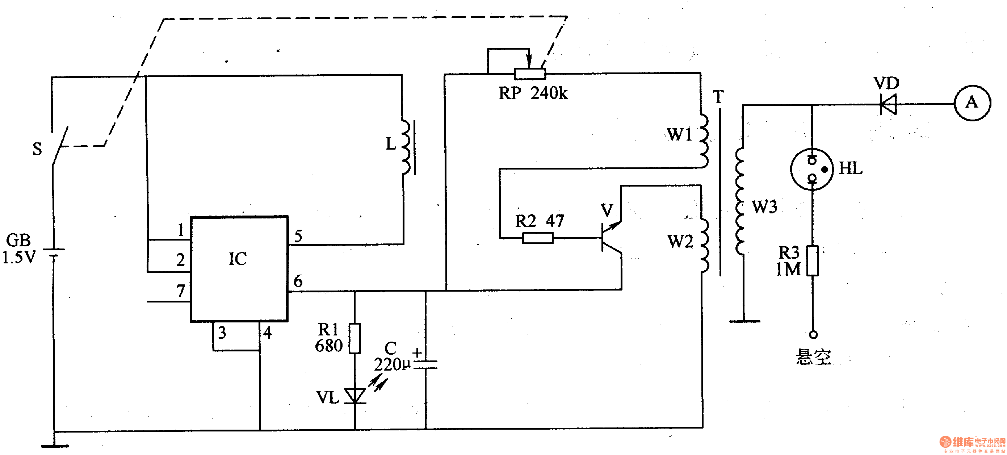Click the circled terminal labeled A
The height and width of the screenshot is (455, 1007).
(x=972, y=103)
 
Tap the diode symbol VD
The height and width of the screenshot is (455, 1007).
(x=888, y=104)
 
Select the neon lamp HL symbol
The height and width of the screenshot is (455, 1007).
(x=812, y=170)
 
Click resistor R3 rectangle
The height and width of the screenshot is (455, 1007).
(x=813, y=260)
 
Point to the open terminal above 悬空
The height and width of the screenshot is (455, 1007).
(x=813, y=334)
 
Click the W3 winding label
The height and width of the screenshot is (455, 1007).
(x=765, y=207)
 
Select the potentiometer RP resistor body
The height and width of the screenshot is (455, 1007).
(x=530, y=74)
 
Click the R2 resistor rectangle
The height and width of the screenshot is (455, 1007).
(x=538, y=238)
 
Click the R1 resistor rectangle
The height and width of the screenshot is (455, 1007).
(x=354, y=338)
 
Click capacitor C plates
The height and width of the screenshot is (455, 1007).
(x=425, y=365)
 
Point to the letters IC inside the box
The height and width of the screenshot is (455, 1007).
(x=238, y=259)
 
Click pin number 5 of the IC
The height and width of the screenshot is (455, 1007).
(x=298, y=236)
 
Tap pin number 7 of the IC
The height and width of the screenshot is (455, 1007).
(x=180, y=291)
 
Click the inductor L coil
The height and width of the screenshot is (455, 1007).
(x=406, y=147)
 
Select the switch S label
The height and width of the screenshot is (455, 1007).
(x=37, y=149)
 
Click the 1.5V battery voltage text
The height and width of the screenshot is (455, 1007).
(x=19, y=258)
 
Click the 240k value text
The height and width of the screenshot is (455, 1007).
(x=549, y=93)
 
